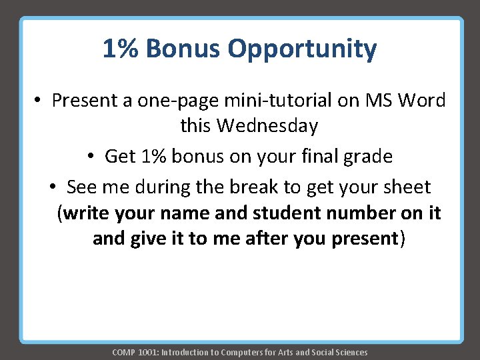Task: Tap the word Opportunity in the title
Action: [302, 50]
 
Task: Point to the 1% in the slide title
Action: [120, 49]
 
